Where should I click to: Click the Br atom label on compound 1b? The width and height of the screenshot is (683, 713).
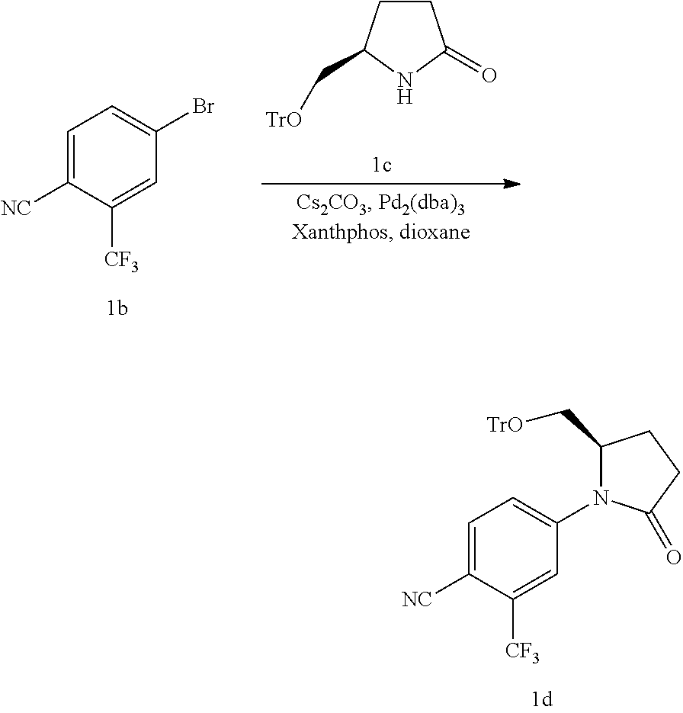point(202,107)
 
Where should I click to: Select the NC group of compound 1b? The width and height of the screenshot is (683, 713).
point(16,208)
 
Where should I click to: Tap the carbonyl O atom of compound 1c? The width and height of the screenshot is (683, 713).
point(489,75)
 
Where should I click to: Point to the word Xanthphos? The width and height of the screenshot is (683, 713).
point(333,231)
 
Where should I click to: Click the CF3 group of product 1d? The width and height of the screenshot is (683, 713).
point(523,654)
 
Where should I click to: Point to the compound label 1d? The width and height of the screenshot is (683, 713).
point(541,699)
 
